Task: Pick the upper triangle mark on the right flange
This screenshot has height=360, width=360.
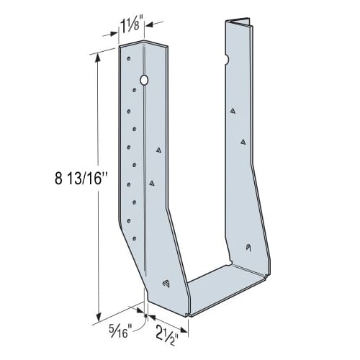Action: click(x=233, y=111)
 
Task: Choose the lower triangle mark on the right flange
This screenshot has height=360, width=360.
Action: click(x=243, y=142)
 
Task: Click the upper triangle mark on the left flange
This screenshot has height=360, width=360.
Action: click(x=158, y=150)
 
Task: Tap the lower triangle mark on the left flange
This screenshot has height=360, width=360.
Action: click(x=152, y=184)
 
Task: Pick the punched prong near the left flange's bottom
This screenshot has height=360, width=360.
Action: click(x=166, y=282)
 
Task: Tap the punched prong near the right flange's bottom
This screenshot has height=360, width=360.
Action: click(x=247, y=248)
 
